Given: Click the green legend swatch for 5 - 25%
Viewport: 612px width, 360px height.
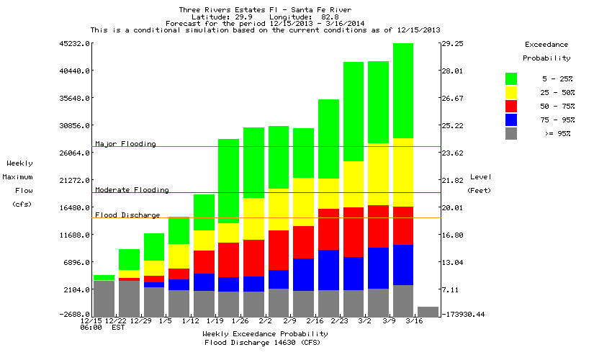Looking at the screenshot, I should pos(511,78).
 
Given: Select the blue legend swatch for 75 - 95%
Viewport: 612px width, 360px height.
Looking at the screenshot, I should pos(511,120).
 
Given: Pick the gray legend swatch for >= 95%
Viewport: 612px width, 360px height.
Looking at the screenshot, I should pos(511,133).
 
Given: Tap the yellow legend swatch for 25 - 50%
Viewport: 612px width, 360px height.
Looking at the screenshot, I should pos(511,92).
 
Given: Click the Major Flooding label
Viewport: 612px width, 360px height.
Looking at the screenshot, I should pos(125,144).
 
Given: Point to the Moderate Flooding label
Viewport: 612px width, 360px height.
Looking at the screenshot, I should pos(132,190).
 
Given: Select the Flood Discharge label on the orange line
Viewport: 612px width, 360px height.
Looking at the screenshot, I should pos(127,215).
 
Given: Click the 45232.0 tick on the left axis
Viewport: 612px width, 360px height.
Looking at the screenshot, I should pos(75,44).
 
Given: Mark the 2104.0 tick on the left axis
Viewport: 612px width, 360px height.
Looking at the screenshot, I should pos(77,289).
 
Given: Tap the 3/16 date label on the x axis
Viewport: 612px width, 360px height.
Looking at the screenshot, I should pos(414,320).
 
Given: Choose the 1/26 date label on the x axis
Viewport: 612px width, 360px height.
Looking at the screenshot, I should pos(240,320).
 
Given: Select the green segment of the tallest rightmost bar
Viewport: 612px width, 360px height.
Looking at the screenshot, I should pos(403,90).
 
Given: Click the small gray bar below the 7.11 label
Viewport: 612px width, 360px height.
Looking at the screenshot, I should pos(428,312).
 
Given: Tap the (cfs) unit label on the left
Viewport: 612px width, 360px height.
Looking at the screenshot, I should pos(19,204).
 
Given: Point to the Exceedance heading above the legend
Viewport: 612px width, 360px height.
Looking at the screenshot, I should pos(546,45).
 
